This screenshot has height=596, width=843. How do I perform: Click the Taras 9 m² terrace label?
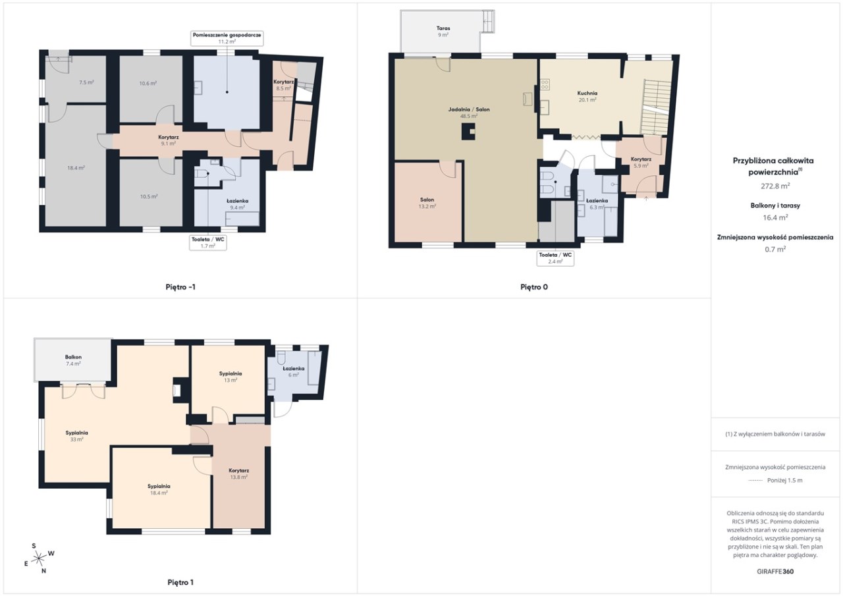[x=443, y=31]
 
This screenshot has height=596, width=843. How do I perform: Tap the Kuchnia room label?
[x=587, y=96]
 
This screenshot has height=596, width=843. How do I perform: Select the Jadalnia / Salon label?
[x=468, y=113]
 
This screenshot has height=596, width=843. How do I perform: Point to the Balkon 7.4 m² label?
[x=73, y=360]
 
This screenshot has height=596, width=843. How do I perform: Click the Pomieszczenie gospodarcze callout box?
[x=227, y=38]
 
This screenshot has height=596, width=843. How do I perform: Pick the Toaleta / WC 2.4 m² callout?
[x=555, y=258]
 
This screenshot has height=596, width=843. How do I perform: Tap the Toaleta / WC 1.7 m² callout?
[x=207, y=242]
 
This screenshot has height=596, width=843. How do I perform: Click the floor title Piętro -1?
[x=180, y=287]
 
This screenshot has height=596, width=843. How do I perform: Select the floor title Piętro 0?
[x=534, y=287]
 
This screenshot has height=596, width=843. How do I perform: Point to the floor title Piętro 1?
[x=180, y=582]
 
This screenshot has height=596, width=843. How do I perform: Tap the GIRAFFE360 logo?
[x=775, y=571]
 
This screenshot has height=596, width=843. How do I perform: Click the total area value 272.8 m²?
[x=775, y=186]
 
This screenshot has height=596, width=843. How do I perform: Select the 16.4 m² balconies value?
[x=775, y=217]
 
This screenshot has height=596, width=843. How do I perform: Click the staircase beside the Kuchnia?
[x=657, y=107]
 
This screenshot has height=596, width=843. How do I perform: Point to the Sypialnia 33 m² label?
[x=76, y=436]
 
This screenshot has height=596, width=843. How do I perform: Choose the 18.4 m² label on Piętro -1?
[x=76, y=168]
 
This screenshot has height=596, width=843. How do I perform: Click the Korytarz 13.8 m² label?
[x=238, y=474]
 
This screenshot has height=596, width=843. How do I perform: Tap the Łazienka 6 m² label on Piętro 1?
[x=294, y=371]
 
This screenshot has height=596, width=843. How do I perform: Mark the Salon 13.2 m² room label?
[x=427, y=203]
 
